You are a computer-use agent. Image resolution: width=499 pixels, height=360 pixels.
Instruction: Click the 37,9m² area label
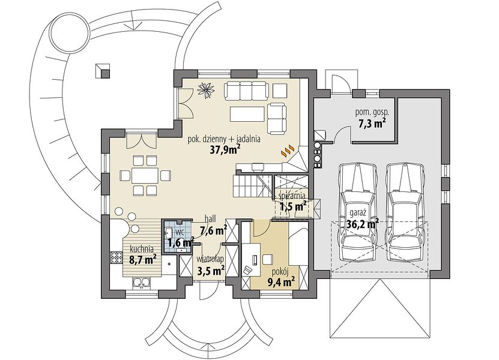click(x=225, y=149)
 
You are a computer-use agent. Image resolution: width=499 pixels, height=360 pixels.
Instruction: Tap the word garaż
click(x=358, y=212)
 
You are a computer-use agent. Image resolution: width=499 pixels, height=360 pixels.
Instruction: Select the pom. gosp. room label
click(x=372, y=112)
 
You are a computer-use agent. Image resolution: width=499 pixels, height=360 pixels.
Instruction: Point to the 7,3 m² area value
click(x=373, y=123)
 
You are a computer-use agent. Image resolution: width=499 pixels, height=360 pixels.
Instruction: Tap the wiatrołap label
click(x=210, y=258)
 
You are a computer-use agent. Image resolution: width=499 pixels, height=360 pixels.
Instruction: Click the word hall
click(x=210, y=218)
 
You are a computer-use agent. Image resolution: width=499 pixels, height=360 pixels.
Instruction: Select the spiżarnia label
click(x=292, y=196)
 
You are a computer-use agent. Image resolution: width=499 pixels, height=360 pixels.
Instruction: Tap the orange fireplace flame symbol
click(x=288, y=151)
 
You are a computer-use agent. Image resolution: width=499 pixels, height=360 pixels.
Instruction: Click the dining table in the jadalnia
click(x=145, y=175)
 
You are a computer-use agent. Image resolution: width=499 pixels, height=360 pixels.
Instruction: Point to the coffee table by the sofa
click(x=247, y=114)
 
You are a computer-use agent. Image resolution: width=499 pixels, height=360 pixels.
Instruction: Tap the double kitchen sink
click(x=141, y=283)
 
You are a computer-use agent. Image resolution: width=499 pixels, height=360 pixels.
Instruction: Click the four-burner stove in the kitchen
click(x=116, y=257)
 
